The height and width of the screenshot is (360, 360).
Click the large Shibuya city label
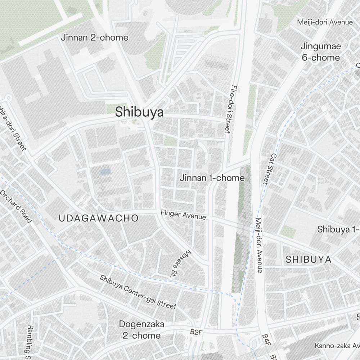[x=139, y=112]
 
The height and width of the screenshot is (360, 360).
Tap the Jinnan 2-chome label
[x=94, y=37]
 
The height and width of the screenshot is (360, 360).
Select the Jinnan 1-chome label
[x=212, y=178]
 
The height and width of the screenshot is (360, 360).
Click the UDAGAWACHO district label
[x=98, y=218]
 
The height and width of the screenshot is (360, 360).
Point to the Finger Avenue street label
[x=183, y=215]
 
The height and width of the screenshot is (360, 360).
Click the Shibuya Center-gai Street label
[x=138, y=292]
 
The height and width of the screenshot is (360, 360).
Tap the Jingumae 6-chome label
[x=320, y=52]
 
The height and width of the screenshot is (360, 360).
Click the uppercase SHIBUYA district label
[x=309, y=260]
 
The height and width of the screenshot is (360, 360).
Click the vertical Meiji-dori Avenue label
[x=259, y=245]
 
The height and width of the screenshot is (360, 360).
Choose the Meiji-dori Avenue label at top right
[x=325, y=22]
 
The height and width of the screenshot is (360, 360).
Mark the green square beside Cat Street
[x=288, y=231]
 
